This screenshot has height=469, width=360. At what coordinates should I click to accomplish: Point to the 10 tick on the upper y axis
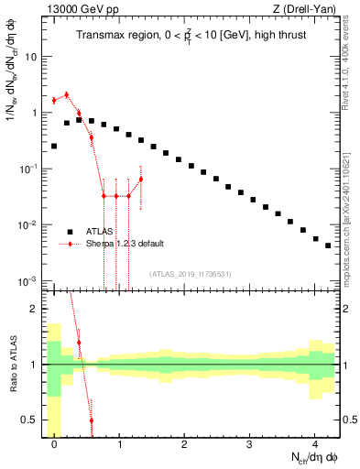[x=30, y=57]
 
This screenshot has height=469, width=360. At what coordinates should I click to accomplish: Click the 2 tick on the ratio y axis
[x=34, y=309]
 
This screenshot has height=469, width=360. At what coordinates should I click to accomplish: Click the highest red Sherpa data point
[x=66, y=94]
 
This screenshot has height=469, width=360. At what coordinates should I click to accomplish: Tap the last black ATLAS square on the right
[x=327, y=245]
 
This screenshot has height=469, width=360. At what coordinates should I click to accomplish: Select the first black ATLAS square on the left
[x=54, y=146]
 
